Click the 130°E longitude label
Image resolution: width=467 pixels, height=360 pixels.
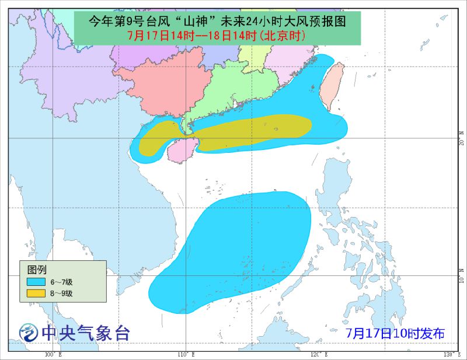pos(449,355)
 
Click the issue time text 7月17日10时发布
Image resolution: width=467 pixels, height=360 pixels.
pos(395,334)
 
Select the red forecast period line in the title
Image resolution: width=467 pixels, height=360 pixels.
pos(217,36)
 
